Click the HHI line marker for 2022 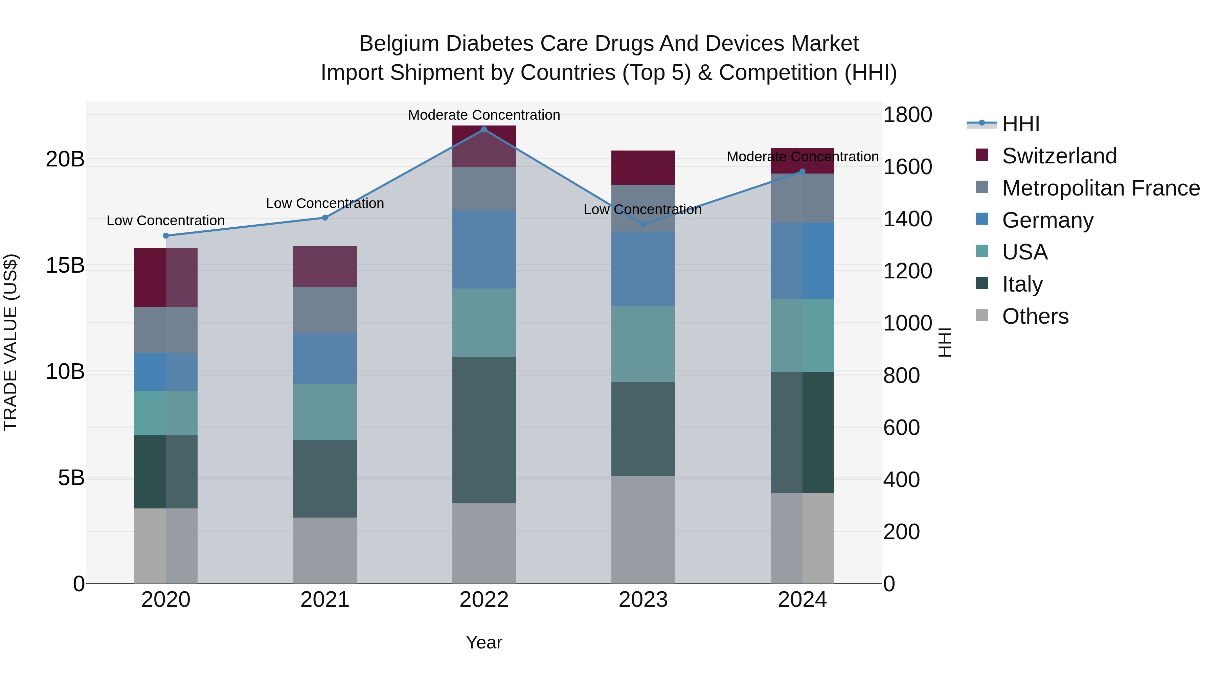click(x=484, y=129)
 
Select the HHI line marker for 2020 click(x=165, y=235)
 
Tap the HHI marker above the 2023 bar click(x=643, y=225)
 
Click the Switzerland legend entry click(x=1059, y=156)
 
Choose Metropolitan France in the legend click(x=1101, y=188)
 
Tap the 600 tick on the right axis click(x=901, y=427)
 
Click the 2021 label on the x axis click(x=325, y=600)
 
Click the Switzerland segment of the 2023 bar click(x=643, y=167)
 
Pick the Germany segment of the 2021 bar click(x=325, y=358)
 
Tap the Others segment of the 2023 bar click(x=643, y=529)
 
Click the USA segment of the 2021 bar click(x=325, y=412)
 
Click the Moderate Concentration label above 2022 click(x=484, y=115)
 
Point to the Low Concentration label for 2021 click(x=325, y=203)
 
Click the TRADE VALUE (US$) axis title click(x=10, y=342)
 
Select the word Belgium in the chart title click(x=399, y=44)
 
